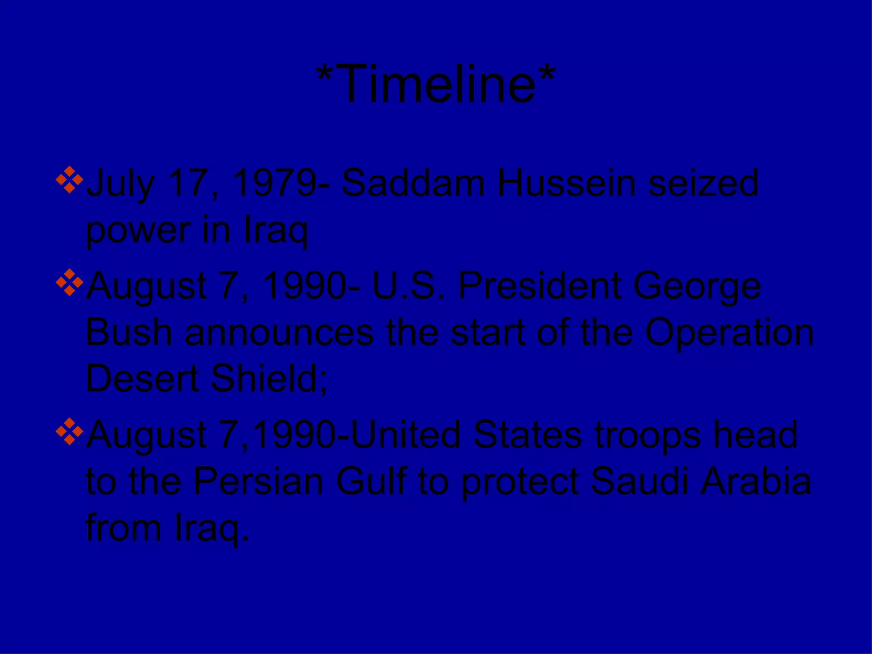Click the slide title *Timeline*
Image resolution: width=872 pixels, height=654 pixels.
tap(436, 83)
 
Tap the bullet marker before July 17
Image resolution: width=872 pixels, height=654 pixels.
tap(69, 180)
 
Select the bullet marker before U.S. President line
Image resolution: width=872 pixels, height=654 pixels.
tap(69, 282)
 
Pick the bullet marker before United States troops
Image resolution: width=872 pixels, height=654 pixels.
tap(69, 431)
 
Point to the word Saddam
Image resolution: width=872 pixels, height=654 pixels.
tap(413, 183)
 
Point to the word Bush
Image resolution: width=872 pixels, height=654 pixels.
tap(129, 333)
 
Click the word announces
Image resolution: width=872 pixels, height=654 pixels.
tap(279, 333)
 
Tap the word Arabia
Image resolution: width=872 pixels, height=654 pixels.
tap(756, 482)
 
